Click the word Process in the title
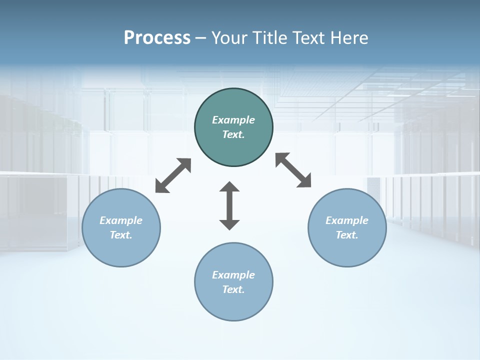click(157, 38)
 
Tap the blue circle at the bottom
click(233, 305)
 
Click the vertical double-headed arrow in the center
click(229, 205)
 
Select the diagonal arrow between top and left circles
click(173, 175)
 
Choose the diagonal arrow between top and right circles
click(293, 170)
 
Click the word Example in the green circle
click(233, 120)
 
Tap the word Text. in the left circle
click(121, 235)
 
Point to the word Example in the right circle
click(347, 220)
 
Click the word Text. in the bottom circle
click(233, 289)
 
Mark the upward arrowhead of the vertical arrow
click(229, 187)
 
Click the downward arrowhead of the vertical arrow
click(229, 224)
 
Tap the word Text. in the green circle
click(233, 134)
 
